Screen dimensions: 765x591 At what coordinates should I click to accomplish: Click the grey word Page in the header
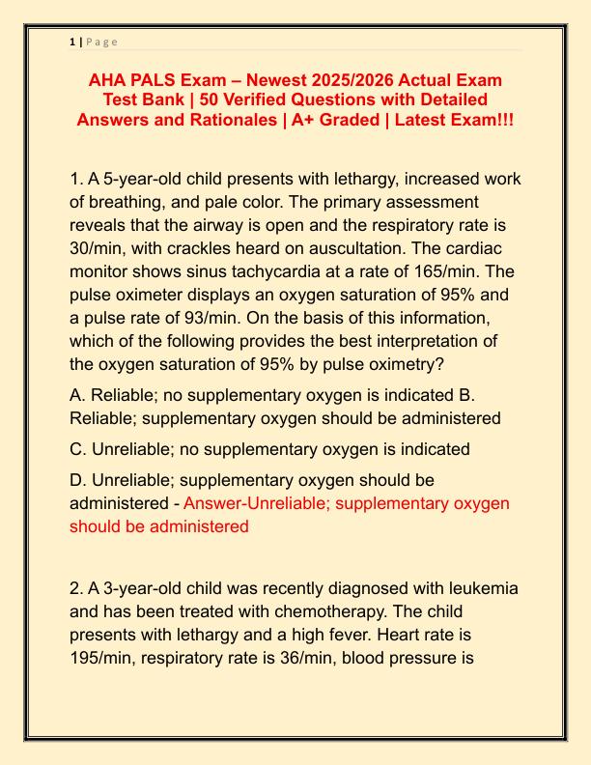102,42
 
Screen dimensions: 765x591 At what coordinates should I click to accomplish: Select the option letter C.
76,449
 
